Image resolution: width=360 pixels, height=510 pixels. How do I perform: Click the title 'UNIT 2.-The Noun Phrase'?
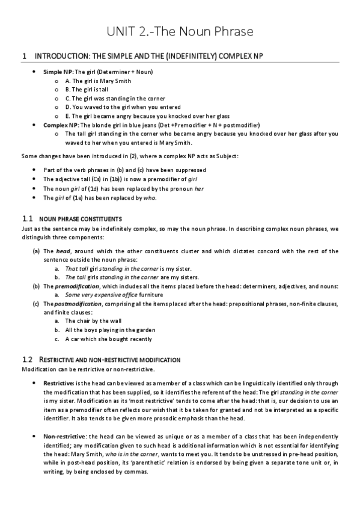pos(180,31)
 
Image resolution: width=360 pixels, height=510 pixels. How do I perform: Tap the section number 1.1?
pos(27,218)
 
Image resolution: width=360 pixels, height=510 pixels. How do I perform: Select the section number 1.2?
pos(27,360)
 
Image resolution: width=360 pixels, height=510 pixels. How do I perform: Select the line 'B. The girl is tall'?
pos(93,90)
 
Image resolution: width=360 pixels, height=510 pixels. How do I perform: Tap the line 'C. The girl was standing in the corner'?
pos(115,98)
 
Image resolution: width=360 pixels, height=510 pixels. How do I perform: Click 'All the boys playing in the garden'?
pos(111,330)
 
